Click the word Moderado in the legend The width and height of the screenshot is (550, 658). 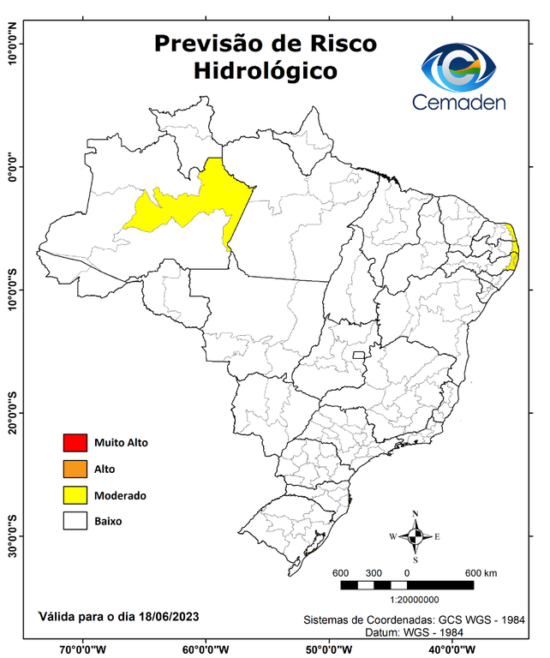120,495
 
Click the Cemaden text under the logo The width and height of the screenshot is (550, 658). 459,103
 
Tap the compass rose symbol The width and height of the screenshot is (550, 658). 415,536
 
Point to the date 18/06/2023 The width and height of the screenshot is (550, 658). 166,616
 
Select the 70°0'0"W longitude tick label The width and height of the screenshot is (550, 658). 83,649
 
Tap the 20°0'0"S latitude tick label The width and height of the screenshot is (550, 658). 12,413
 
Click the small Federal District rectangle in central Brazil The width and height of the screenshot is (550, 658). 358,353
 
